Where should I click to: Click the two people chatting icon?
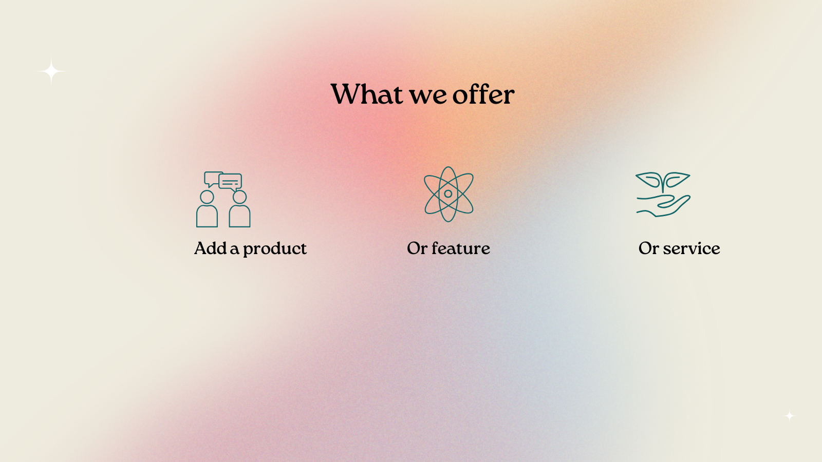tap(223, 200)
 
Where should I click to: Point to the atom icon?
tap(449, 194)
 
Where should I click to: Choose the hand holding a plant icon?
tap(663, 195)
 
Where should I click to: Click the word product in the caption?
tap(275, 249)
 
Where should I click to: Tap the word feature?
tap(460, 248)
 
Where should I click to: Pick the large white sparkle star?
tap(51, 71)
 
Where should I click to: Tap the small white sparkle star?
tap(789, 416)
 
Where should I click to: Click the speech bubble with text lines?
tap(230, 182)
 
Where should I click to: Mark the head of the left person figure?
tap(207, 197)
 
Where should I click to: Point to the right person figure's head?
tap(239, 197)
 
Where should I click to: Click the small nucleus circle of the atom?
tap(448, 194)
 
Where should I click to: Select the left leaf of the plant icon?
tap(649, 179)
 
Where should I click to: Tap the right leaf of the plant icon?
tap(677, 179)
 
